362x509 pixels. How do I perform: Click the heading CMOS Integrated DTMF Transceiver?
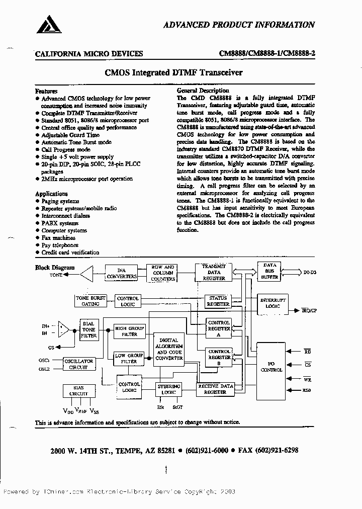[x=173, y=72]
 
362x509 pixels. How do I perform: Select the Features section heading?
[x=46, y=91]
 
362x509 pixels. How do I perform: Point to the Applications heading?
[x=51, y=194]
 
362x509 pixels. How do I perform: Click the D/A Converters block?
[x=122, y=273]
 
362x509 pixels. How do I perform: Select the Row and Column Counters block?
[x=162, y=273]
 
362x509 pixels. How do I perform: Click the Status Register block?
[x=218, y=301]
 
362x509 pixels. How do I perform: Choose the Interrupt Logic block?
[x=273, y=303]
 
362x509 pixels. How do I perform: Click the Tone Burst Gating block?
[x=90, y=301]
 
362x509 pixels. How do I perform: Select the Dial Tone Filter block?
[x=88, y=330]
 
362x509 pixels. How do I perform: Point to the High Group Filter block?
[x=126, y=330]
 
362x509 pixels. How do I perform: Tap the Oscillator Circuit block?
[x=78, y=364]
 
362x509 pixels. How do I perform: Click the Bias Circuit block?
[x=78, y=391]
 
